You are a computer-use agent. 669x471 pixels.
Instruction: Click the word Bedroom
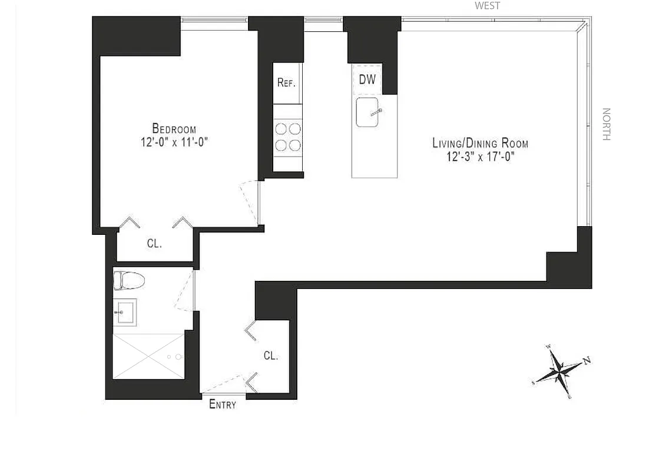[x=174, y=128]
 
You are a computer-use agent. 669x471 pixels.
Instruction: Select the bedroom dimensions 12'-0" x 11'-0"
[x=174, y=142]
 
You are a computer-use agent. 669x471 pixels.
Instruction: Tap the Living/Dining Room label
[x=480, y=143]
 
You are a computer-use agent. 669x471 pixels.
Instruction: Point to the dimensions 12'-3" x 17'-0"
[x=480, y=157]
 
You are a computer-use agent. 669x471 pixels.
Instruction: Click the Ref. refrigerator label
[x=286, y=82]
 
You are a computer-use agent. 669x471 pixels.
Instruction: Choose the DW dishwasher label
[x=367, y=79]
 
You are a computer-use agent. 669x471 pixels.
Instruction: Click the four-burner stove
[x=287, y=137]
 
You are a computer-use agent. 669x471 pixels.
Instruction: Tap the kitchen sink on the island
[x=367, y=112]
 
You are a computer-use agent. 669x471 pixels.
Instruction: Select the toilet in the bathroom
[x=128, y=280]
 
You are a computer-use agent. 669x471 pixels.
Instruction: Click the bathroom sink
[x=125, y=311]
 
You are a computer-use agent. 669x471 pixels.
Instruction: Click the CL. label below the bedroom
[x=154, y=243]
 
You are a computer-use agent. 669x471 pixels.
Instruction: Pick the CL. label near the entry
[x=271, y=356]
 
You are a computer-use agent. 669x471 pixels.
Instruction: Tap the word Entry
[x=223, y=404]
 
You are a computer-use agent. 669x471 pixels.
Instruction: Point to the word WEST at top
[x=488, y=6]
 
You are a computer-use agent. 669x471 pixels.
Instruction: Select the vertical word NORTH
[x=606, y=124]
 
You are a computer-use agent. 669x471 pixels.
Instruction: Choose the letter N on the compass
[x=587, y=361]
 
